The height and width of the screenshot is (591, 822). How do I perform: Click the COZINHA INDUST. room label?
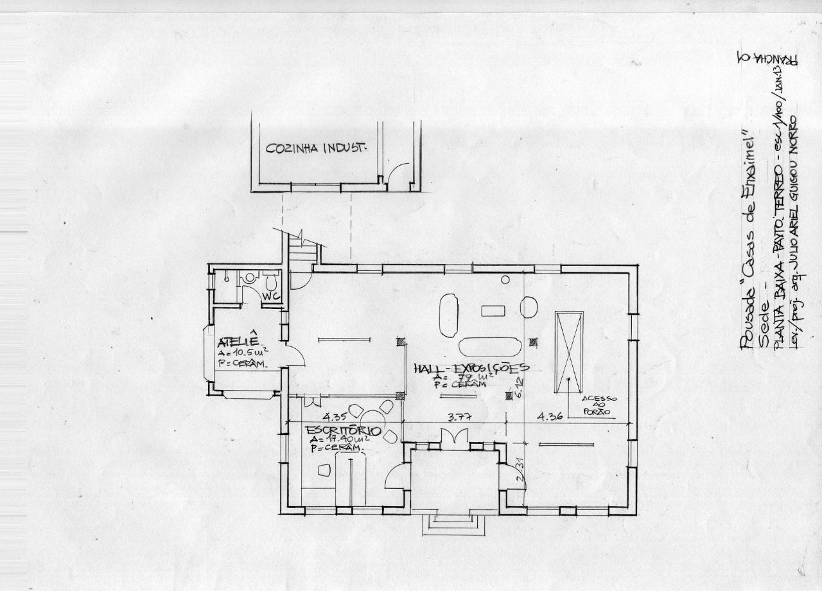[x=315, y=149]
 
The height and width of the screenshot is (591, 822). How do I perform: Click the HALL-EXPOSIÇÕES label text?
[x=471, y=369]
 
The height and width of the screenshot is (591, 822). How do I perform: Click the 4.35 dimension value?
[x=335, y=415]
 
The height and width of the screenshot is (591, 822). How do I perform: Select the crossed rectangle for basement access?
[x=569, y=351]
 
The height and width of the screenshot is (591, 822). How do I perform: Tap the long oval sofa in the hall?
[x=491, y=346]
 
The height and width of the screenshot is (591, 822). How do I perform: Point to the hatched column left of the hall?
[x=402, y=342]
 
